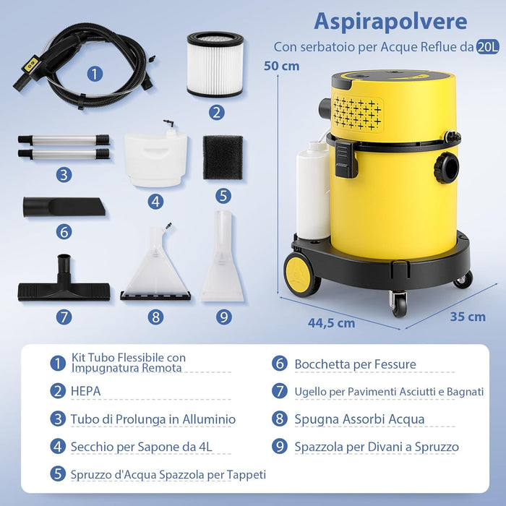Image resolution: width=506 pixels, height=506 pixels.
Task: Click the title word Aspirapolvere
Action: tap(390, 21)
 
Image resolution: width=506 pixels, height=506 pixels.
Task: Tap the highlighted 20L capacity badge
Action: tap(486, 47)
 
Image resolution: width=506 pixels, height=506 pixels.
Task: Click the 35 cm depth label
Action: tap(467, 317)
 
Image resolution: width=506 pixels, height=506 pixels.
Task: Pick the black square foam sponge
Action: tap(223, 158)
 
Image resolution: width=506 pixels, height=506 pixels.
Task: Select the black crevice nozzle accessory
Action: tap(64, 206)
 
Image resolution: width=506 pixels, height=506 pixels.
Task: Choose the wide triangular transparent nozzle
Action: tap(155, 267)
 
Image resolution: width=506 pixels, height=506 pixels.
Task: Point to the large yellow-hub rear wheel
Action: tap(301, 273)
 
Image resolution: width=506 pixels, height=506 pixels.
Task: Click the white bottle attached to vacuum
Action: tap(312, 189)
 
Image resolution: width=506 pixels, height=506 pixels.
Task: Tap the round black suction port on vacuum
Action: tap(446, 167)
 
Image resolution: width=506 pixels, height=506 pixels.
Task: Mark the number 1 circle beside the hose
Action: tap(95, 73)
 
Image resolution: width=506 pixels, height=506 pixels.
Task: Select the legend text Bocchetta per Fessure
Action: tap(355, 364)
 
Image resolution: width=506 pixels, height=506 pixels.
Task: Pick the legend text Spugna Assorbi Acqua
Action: tap(359, 419)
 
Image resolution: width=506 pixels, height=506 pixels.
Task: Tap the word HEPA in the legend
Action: tap(85, 391)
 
